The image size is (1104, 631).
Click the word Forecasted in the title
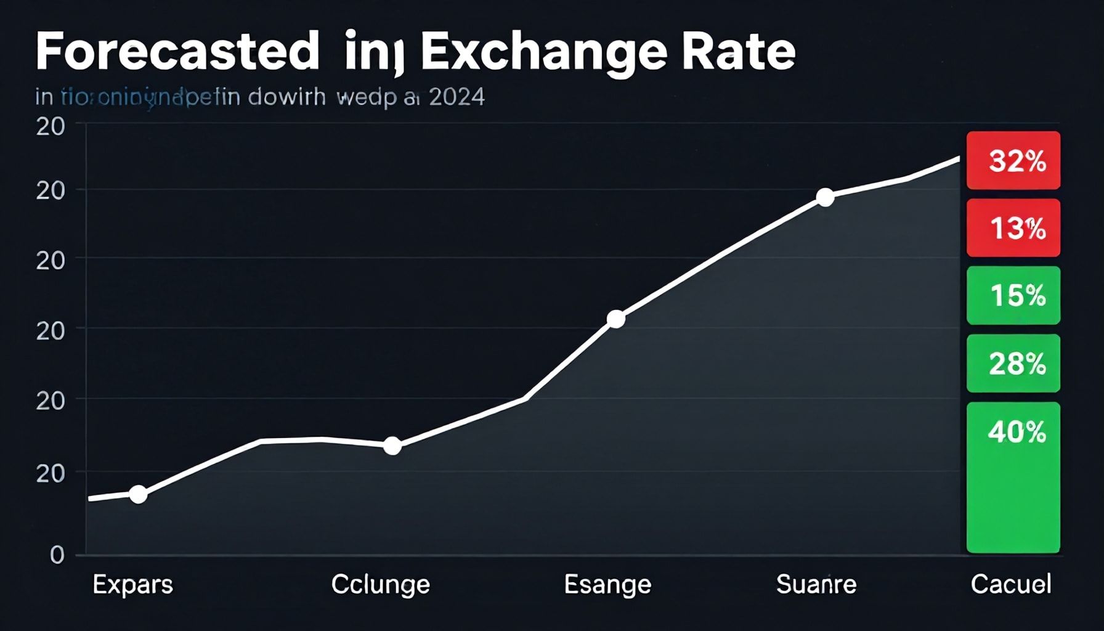[177, 52]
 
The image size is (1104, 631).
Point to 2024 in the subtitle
[457, 97]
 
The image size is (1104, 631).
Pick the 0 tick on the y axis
[57, 555]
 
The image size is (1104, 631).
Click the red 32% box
[1013, 160]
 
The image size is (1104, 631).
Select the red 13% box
[1013, 228]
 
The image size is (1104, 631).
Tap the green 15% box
[1013, 296]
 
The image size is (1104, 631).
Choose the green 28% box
[1013, 364]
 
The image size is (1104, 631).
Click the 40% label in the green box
[1017, 433]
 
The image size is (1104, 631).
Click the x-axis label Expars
[132, 584]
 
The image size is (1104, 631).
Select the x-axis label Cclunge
[380, 584]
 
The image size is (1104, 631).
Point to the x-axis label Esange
[607, 584]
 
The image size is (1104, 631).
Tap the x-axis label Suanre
[816, 584]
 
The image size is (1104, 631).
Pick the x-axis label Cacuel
[1011, 584]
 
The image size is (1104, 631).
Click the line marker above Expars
[139, 494]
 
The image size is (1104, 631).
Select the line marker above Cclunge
[392, 446]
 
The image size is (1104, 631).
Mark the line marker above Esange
[615, 319]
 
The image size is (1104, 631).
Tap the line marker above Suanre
[825, 198]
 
